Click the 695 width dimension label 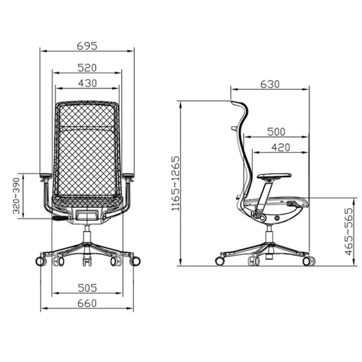pos(87,46)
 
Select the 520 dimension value pos(87,68)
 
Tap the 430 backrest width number pos(87,83)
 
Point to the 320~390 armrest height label pos(17,195)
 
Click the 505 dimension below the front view pos(87,288)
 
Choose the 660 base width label pos(87,303)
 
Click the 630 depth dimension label pos(270,84)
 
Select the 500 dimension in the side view pos(276,132)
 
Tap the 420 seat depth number pos(281,148)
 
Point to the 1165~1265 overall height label pos(176,183)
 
